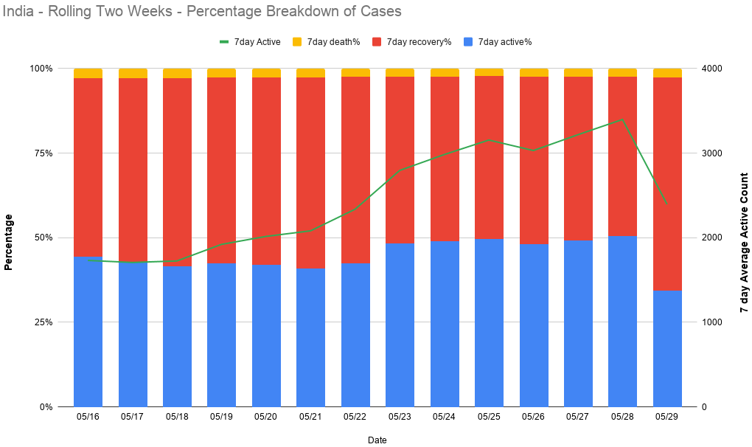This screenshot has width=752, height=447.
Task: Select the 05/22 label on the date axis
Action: (x=355, y=417)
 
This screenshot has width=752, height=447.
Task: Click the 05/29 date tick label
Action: (x=667, y=417)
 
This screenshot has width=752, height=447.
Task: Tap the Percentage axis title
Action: (x=9, y=242)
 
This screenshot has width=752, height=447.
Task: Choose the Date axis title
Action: (x=377, y=440)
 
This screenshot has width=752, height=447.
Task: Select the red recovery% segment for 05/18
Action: (x=177, y=172)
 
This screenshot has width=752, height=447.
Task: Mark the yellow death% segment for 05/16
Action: (x=88, y=73)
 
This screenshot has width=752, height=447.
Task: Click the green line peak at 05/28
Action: (x=622, y=119)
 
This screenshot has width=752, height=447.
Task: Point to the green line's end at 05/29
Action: (x=667, y=204)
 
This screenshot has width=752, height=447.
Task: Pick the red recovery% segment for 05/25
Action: (x=489, y=157)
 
